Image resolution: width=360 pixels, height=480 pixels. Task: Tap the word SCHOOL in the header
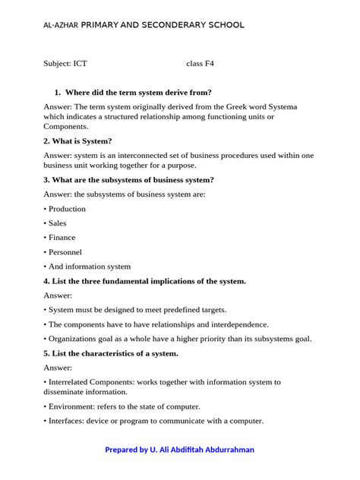pyautogui.click(x=223, y=25)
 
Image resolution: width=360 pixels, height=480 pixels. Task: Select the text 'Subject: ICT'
pyautogui.click(x=65, y=64)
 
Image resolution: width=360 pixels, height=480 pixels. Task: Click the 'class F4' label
pyautogui.click(x=200, y=64)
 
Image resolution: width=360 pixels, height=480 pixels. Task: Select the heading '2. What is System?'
pyautogui.click(x=78, y=141)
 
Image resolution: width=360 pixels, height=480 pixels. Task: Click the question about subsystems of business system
pyautogui.click(x=128, y=180)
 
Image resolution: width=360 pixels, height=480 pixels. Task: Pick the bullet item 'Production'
pyautogui.click(x=67, y=209)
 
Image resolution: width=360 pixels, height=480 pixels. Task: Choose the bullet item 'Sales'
pyautogui.click(x=57, y=223)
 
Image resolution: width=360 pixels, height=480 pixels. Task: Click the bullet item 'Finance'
pyautogui.click(x=62, y=238)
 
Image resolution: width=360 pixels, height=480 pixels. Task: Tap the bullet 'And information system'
pyautogui.click(x=89, y=267)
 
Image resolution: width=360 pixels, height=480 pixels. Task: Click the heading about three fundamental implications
pyautogui.click(x=145, y=281)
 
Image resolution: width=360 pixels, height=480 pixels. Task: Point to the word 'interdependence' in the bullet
pyautogui.click(x=226, y=324)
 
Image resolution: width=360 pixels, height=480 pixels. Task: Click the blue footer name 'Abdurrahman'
pyautogui.click(x=225, y=450)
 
